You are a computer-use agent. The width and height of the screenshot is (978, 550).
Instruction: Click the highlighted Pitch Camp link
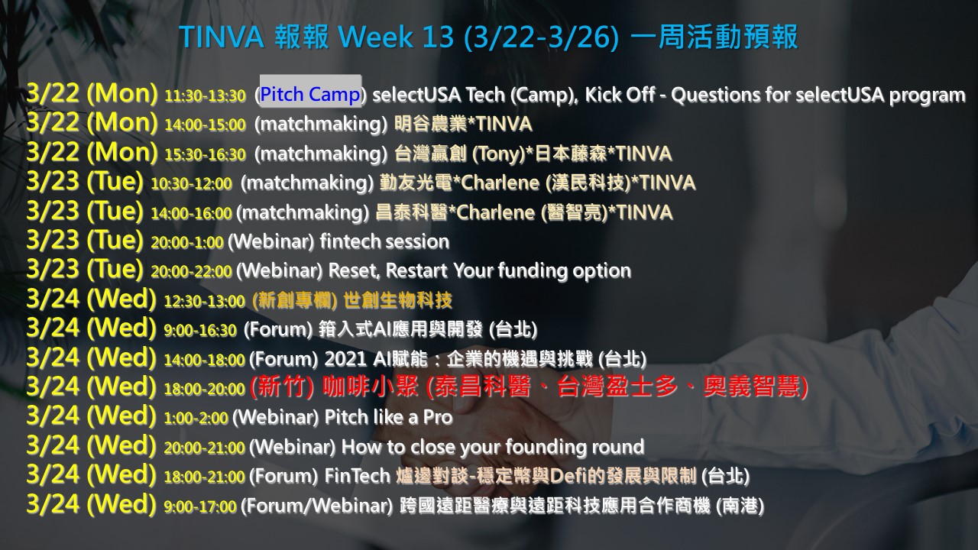pos(310,94)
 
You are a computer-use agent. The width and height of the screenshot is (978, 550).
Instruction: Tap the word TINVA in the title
pos(222,37)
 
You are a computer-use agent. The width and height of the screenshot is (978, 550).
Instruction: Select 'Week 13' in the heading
pos(397,37)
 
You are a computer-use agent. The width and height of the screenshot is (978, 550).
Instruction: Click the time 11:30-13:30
pos(206,95)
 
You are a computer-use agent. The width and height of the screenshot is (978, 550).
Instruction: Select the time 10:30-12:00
pos(191,184)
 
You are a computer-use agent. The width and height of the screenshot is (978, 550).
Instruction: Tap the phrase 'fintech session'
pos(384,241)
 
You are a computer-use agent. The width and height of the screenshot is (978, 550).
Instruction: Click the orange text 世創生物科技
pos(398,300)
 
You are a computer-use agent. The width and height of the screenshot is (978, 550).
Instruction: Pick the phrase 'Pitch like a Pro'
pos(389,417)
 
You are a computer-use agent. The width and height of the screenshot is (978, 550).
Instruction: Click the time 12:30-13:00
pos(205,301)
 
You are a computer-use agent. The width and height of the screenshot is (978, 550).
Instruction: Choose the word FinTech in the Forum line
pos(358,476)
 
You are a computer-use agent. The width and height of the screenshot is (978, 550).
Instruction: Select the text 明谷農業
pos(430,124)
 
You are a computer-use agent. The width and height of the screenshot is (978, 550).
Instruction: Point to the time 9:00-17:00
pos(200,506)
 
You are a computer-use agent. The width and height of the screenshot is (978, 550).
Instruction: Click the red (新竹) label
pos(282,387)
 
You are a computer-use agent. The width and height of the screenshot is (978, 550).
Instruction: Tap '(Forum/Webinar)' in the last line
pos(317,506)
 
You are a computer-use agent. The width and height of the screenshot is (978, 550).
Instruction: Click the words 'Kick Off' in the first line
pos(620,94)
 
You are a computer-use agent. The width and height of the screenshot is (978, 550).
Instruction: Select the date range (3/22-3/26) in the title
pos(542,37)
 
